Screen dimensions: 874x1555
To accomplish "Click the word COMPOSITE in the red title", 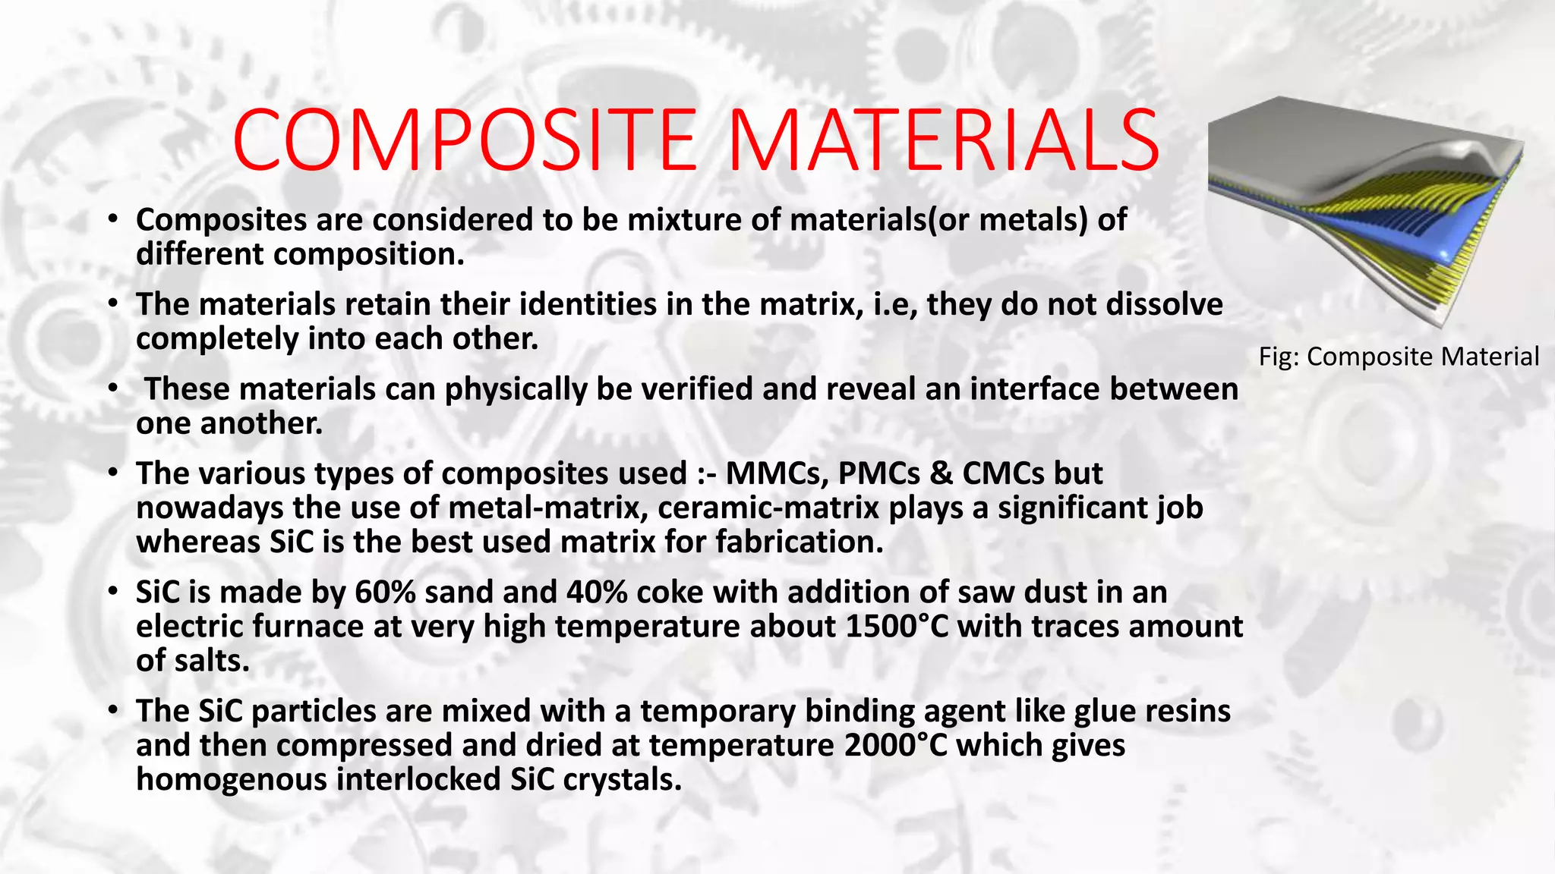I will (x=464, y=142).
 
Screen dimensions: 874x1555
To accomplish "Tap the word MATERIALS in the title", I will (x=943, y=142).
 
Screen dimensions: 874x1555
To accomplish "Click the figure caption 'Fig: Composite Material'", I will (x=1399, y=357).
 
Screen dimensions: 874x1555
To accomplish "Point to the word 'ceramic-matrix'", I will (x=768, y=508).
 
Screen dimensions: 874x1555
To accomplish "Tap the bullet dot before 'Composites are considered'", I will (x=112, y=220).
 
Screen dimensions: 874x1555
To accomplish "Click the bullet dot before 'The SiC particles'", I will (x=112, y=711).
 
